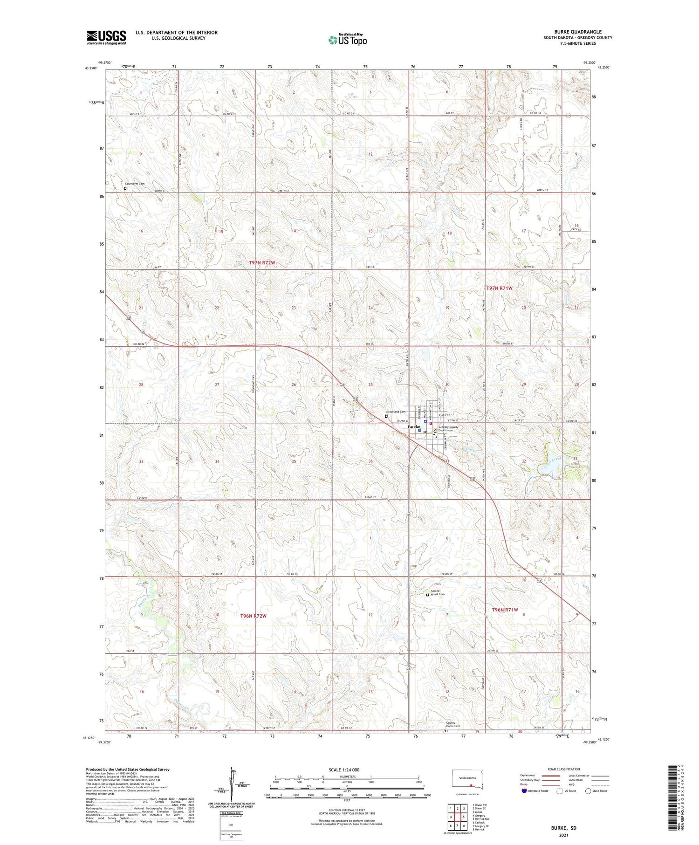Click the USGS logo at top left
pos(106,37)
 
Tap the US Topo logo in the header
pos(347,40)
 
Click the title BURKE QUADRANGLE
pos(577,32)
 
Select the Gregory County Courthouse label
pos(448,428)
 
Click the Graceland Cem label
pos(397,412)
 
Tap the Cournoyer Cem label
pos(135,184)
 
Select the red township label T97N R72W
pos(262,263)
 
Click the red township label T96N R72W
pos(253,616)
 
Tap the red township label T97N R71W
pos(499,288)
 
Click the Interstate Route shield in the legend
pos(524,790)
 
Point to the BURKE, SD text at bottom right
pos(563,828)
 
